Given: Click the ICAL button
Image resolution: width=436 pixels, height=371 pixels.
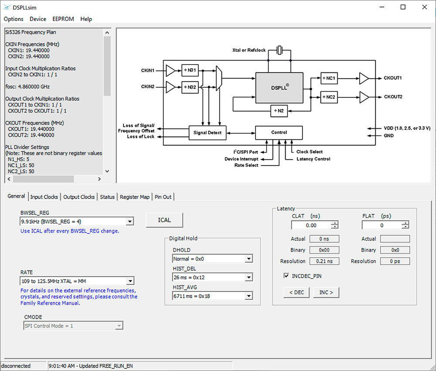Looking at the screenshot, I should click(x=164, y=220).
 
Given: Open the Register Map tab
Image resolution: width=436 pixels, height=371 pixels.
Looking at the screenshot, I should click(x=135, y=197).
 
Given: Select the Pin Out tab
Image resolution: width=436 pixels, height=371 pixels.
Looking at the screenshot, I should click(x=163, y=197).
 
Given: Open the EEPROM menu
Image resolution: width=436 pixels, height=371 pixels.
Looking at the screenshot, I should click(x=63, y=19).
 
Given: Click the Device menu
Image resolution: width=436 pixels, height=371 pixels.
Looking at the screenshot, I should click(x=38, y=19).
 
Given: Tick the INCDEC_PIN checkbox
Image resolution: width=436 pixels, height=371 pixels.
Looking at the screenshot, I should click(x=286, y=276).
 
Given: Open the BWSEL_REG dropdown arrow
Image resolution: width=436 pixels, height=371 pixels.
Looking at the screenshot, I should click(x=129, y=222).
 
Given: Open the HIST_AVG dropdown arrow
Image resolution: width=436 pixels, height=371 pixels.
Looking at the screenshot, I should click(x=249, y=296).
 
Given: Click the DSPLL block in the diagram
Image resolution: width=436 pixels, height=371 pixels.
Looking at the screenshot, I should click(x=279, y=88).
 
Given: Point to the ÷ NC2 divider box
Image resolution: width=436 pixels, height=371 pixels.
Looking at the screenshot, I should click(x=329, y=96).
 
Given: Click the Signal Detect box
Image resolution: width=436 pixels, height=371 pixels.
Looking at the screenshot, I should click(x=208, y=133).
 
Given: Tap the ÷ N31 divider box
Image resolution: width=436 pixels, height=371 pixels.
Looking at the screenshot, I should click(x=190, y=70).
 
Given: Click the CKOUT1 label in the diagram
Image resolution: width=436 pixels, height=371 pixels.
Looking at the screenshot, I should click(x=393, y=78).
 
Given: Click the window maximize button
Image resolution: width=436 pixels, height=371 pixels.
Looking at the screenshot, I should click(x=403, y=7).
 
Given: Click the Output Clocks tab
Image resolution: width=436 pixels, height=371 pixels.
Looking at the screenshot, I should click(x=79, y=197).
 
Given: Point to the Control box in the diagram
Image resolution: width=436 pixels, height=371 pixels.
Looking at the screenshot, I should click(x=279, y=133).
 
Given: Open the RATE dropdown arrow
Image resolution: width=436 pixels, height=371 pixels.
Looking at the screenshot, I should click(x=129, y=281).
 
